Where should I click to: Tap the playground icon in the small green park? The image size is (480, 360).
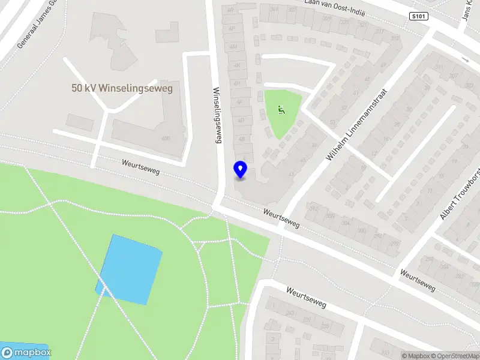(x=280, y=109)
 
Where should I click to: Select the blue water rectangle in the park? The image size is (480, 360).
(x=130, y=269)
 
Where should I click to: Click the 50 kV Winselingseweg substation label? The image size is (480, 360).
(x=122, y=88)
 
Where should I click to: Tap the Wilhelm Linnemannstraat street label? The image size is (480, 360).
(x=358, y=125)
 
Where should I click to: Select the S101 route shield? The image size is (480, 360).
(x=420, y=16)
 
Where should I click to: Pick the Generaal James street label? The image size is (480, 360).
(x=36, y=24)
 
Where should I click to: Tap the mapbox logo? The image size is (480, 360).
(x=26, y=353)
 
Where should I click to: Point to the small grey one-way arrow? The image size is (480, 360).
(x=465, y=59)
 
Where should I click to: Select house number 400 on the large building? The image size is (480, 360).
(x=182, y=139)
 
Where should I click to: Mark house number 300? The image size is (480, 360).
(x=361, y=230)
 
